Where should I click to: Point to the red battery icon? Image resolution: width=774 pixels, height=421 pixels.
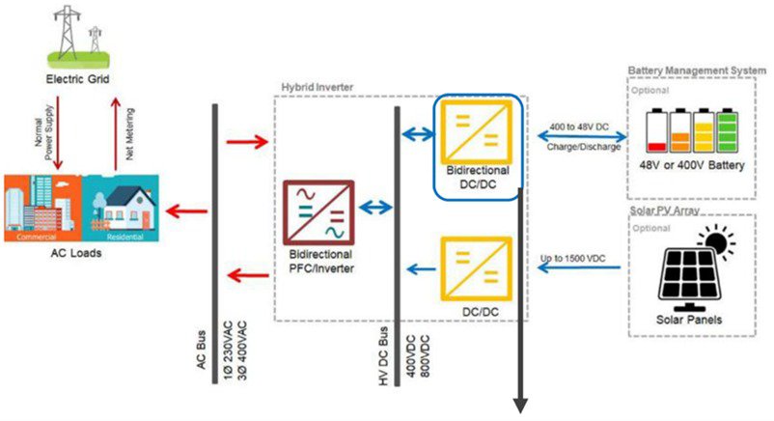657,132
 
